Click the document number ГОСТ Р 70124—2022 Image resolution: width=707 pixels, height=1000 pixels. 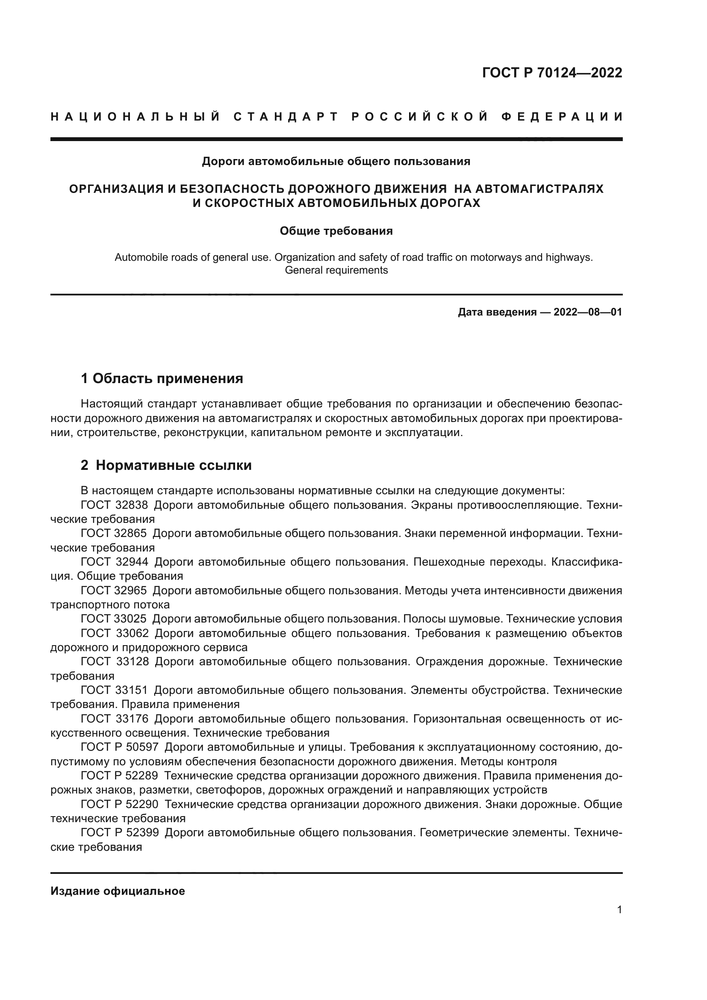pos(552,73)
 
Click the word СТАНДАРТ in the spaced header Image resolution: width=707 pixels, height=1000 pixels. pos(286,117)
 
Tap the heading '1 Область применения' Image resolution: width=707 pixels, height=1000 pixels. pos(162,378)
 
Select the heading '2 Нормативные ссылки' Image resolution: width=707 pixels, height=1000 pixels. pos(166,466)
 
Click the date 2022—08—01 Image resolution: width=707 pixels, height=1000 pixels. pos(588,312)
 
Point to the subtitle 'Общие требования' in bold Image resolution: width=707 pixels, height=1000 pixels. pos(336,231)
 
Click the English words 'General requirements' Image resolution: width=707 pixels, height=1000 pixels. pos(336,270)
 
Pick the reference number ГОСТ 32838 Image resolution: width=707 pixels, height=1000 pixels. pos(115,505)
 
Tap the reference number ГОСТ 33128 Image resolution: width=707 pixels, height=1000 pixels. pos(115,661)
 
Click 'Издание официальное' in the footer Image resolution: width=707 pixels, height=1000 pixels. pos(118,891)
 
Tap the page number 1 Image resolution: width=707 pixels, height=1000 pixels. pos(619,910)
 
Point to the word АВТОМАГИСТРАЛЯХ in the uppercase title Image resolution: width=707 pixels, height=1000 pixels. pos(539,189)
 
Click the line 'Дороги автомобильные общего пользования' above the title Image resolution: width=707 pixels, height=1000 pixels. pos(336,162)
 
